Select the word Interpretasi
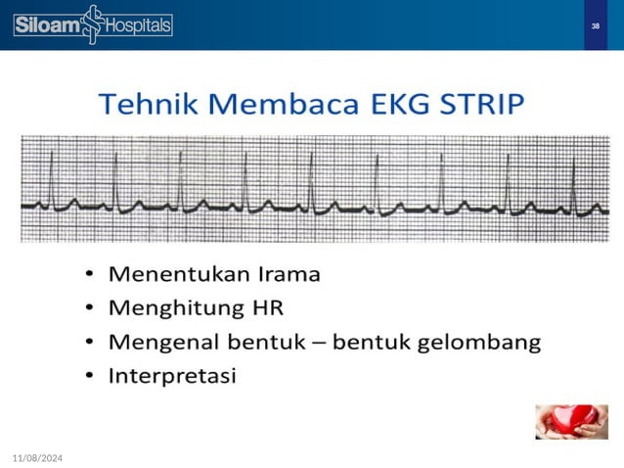tap(172, 377)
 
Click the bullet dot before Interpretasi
tap(90, 377)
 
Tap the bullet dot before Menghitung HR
tap(90, 309)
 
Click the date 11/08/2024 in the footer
tap(37, 457)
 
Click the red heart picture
tap(565, 421)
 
